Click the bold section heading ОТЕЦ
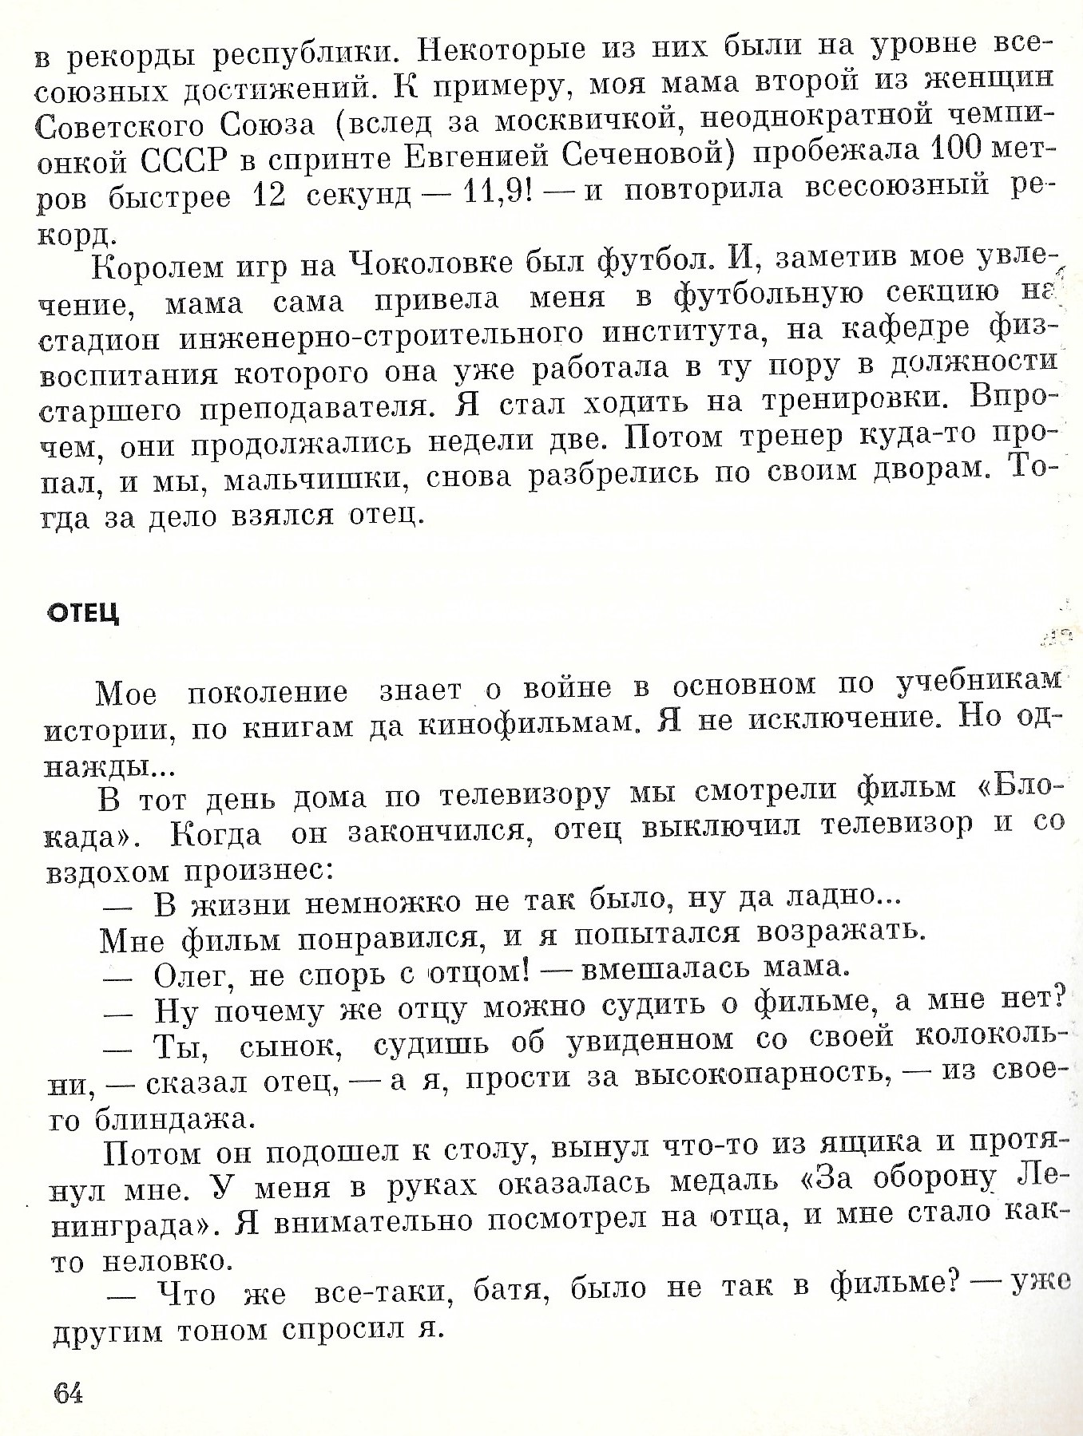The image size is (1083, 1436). click(84, 613)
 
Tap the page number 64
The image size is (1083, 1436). click(68, 1394)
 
